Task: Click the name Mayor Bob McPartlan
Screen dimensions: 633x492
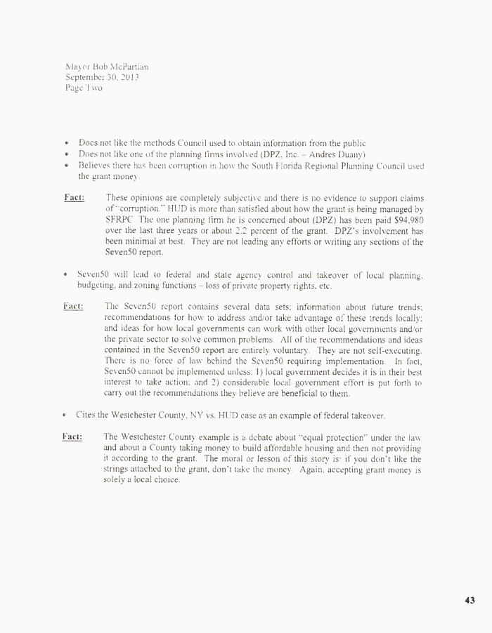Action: [x=106, y=67]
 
